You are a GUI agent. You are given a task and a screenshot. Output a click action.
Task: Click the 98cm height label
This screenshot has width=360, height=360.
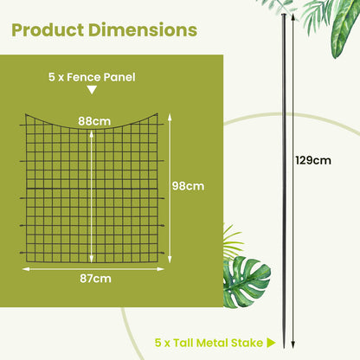click(189, 185)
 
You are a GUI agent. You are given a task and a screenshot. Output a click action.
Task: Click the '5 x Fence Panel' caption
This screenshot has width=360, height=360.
click(92, 77)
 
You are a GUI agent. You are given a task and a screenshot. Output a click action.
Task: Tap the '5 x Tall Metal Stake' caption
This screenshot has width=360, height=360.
click(210, 343)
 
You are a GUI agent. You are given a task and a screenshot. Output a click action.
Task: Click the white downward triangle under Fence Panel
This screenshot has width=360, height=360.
click(92, 90)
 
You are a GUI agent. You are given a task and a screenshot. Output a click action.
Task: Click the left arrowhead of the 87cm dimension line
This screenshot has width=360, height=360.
click(24, 268)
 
